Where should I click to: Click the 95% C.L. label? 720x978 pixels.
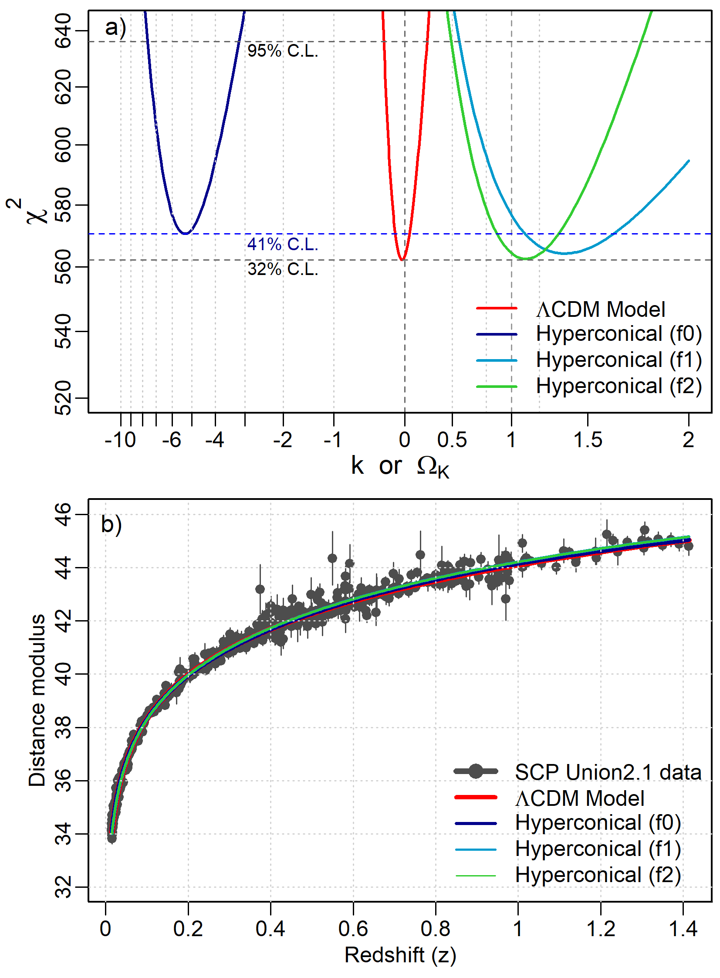[x=282, y=51]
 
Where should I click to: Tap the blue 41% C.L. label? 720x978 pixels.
[x=282, y=244]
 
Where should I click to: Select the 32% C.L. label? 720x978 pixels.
[x=282, y=269]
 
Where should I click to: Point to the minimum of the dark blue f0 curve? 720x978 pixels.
[x=186, y=233]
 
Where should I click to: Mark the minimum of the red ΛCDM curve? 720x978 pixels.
[x=403, y=260]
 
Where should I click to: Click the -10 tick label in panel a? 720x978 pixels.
[x=120, y=439]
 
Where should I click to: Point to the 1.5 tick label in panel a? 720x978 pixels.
[x=588, y=439]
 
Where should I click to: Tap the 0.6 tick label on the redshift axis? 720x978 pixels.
[x=353, y=929]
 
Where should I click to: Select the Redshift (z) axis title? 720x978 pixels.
[x=400, y=955]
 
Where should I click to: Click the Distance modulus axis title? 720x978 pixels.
[x=37, y=700]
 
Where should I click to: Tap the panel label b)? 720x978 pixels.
[x=111, y=524]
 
